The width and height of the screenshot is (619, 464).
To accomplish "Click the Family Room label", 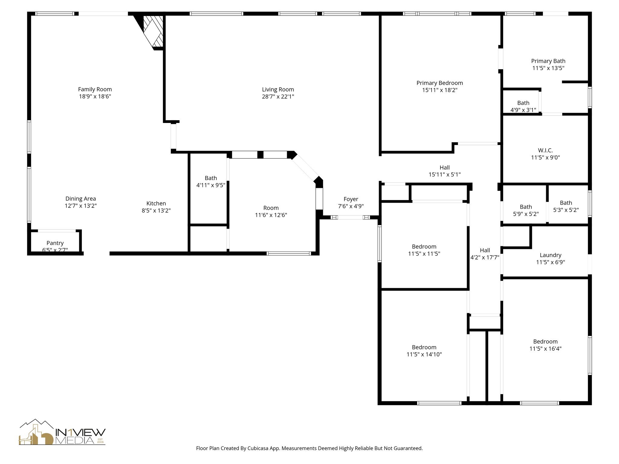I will pyautogui.click(x=95, y=89).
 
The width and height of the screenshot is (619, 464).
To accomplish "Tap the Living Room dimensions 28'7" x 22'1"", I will pyautogui.click(x=278, y=97).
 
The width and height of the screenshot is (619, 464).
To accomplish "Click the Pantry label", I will pyautogui.click(x=55, y=243).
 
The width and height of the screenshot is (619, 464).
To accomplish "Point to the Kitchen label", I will pyautogui.click(x=156, y=204).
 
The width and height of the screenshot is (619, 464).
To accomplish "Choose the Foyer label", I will pyautogui.click(x=351, y=199).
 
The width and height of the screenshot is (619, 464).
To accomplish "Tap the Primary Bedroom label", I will pyautogui.click(x=439, y=83).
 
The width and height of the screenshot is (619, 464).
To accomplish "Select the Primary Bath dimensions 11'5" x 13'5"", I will pyautogui.click(x=548, y=68).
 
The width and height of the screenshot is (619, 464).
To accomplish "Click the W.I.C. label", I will pyautogui.click(x=545, y=150).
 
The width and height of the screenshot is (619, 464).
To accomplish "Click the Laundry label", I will pyautogui.click(x=550, y=255).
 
